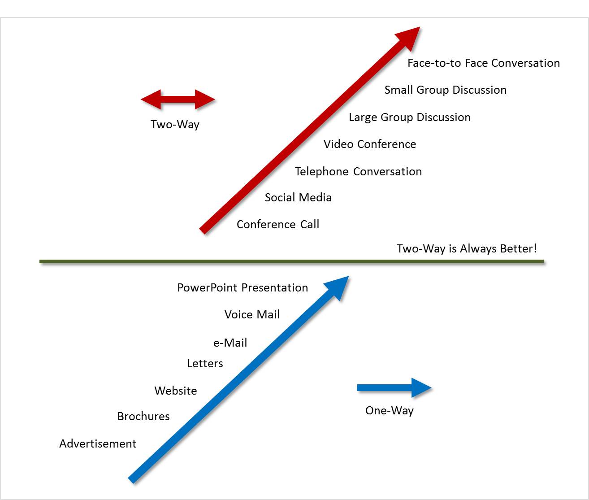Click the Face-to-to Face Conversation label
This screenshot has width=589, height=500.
tap(484, 63)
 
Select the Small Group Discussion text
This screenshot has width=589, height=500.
tap(446, 90)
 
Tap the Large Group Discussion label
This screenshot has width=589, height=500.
tap(410, 117)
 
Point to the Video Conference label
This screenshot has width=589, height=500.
tap(370, 144)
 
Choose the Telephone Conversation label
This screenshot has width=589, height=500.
tap(358, 172)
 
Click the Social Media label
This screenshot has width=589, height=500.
tap(298, 197)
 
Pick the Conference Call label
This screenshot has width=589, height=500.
tap(278, 224)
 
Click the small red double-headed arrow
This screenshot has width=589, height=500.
tap(178, 100)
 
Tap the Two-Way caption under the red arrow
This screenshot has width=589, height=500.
tap(175, 125)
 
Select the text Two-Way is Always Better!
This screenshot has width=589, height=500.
tap(467, 248)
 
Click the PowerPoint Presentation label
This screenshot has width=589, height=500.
tap(243, 287)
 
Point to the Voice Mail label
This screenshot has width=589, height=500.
tap(252, 314)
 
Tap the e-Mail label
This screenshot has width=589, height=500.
tap(230, 342)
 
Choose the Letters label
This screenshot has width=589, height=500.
tap(205, 364)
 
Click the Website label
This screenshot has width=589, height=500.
tap(176, 391)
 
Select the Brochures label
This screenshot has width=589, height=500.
tap(143, 416)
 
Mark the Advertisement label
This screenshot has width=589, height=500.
tap(98, 443)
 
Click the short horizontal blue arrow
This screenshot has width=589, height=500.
tap(394, 388)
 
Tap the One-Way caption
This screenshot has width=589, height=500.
tap(389, 411)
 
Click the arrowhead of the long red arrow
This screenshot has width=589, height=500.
tap(410, 38)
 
